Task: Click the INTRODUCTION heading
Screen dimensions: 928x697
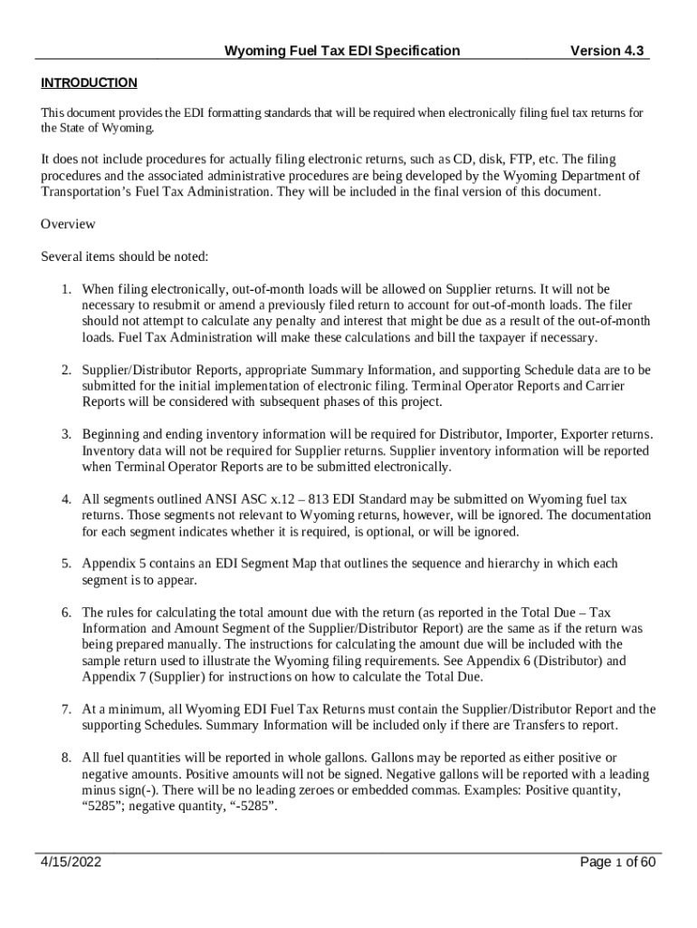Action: tap(89, 83)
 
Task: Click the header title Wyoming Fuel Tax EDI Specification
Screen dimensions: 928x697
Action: tap(341, 52)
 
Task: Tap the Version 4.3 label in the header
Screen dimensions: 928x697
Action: tap(606, 52)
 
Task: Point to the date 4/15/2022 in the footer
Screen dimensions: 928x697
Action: tap(71, 862)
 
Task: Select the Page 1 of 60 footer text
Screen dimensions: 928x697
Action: tap(617, 862)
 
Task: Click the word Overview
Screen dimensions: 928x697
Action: tap(68, 224)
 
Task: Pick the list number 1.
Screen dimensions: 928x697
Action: tap(66, 289)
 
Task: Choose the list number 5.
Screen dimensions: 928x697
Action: tap(66, 564)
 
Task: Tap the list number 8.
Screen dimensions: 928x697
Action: tap(66, 758)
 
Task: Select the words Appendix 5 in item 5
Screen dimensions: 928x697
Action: tap(112, 564)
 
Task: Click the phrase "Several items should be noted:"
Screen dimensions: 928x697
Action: tap(125, 256)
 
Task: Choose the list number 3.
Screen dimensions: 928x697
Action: tap(66, 435)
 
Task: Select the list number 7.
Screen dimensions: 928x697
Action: tap(66, 710)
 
